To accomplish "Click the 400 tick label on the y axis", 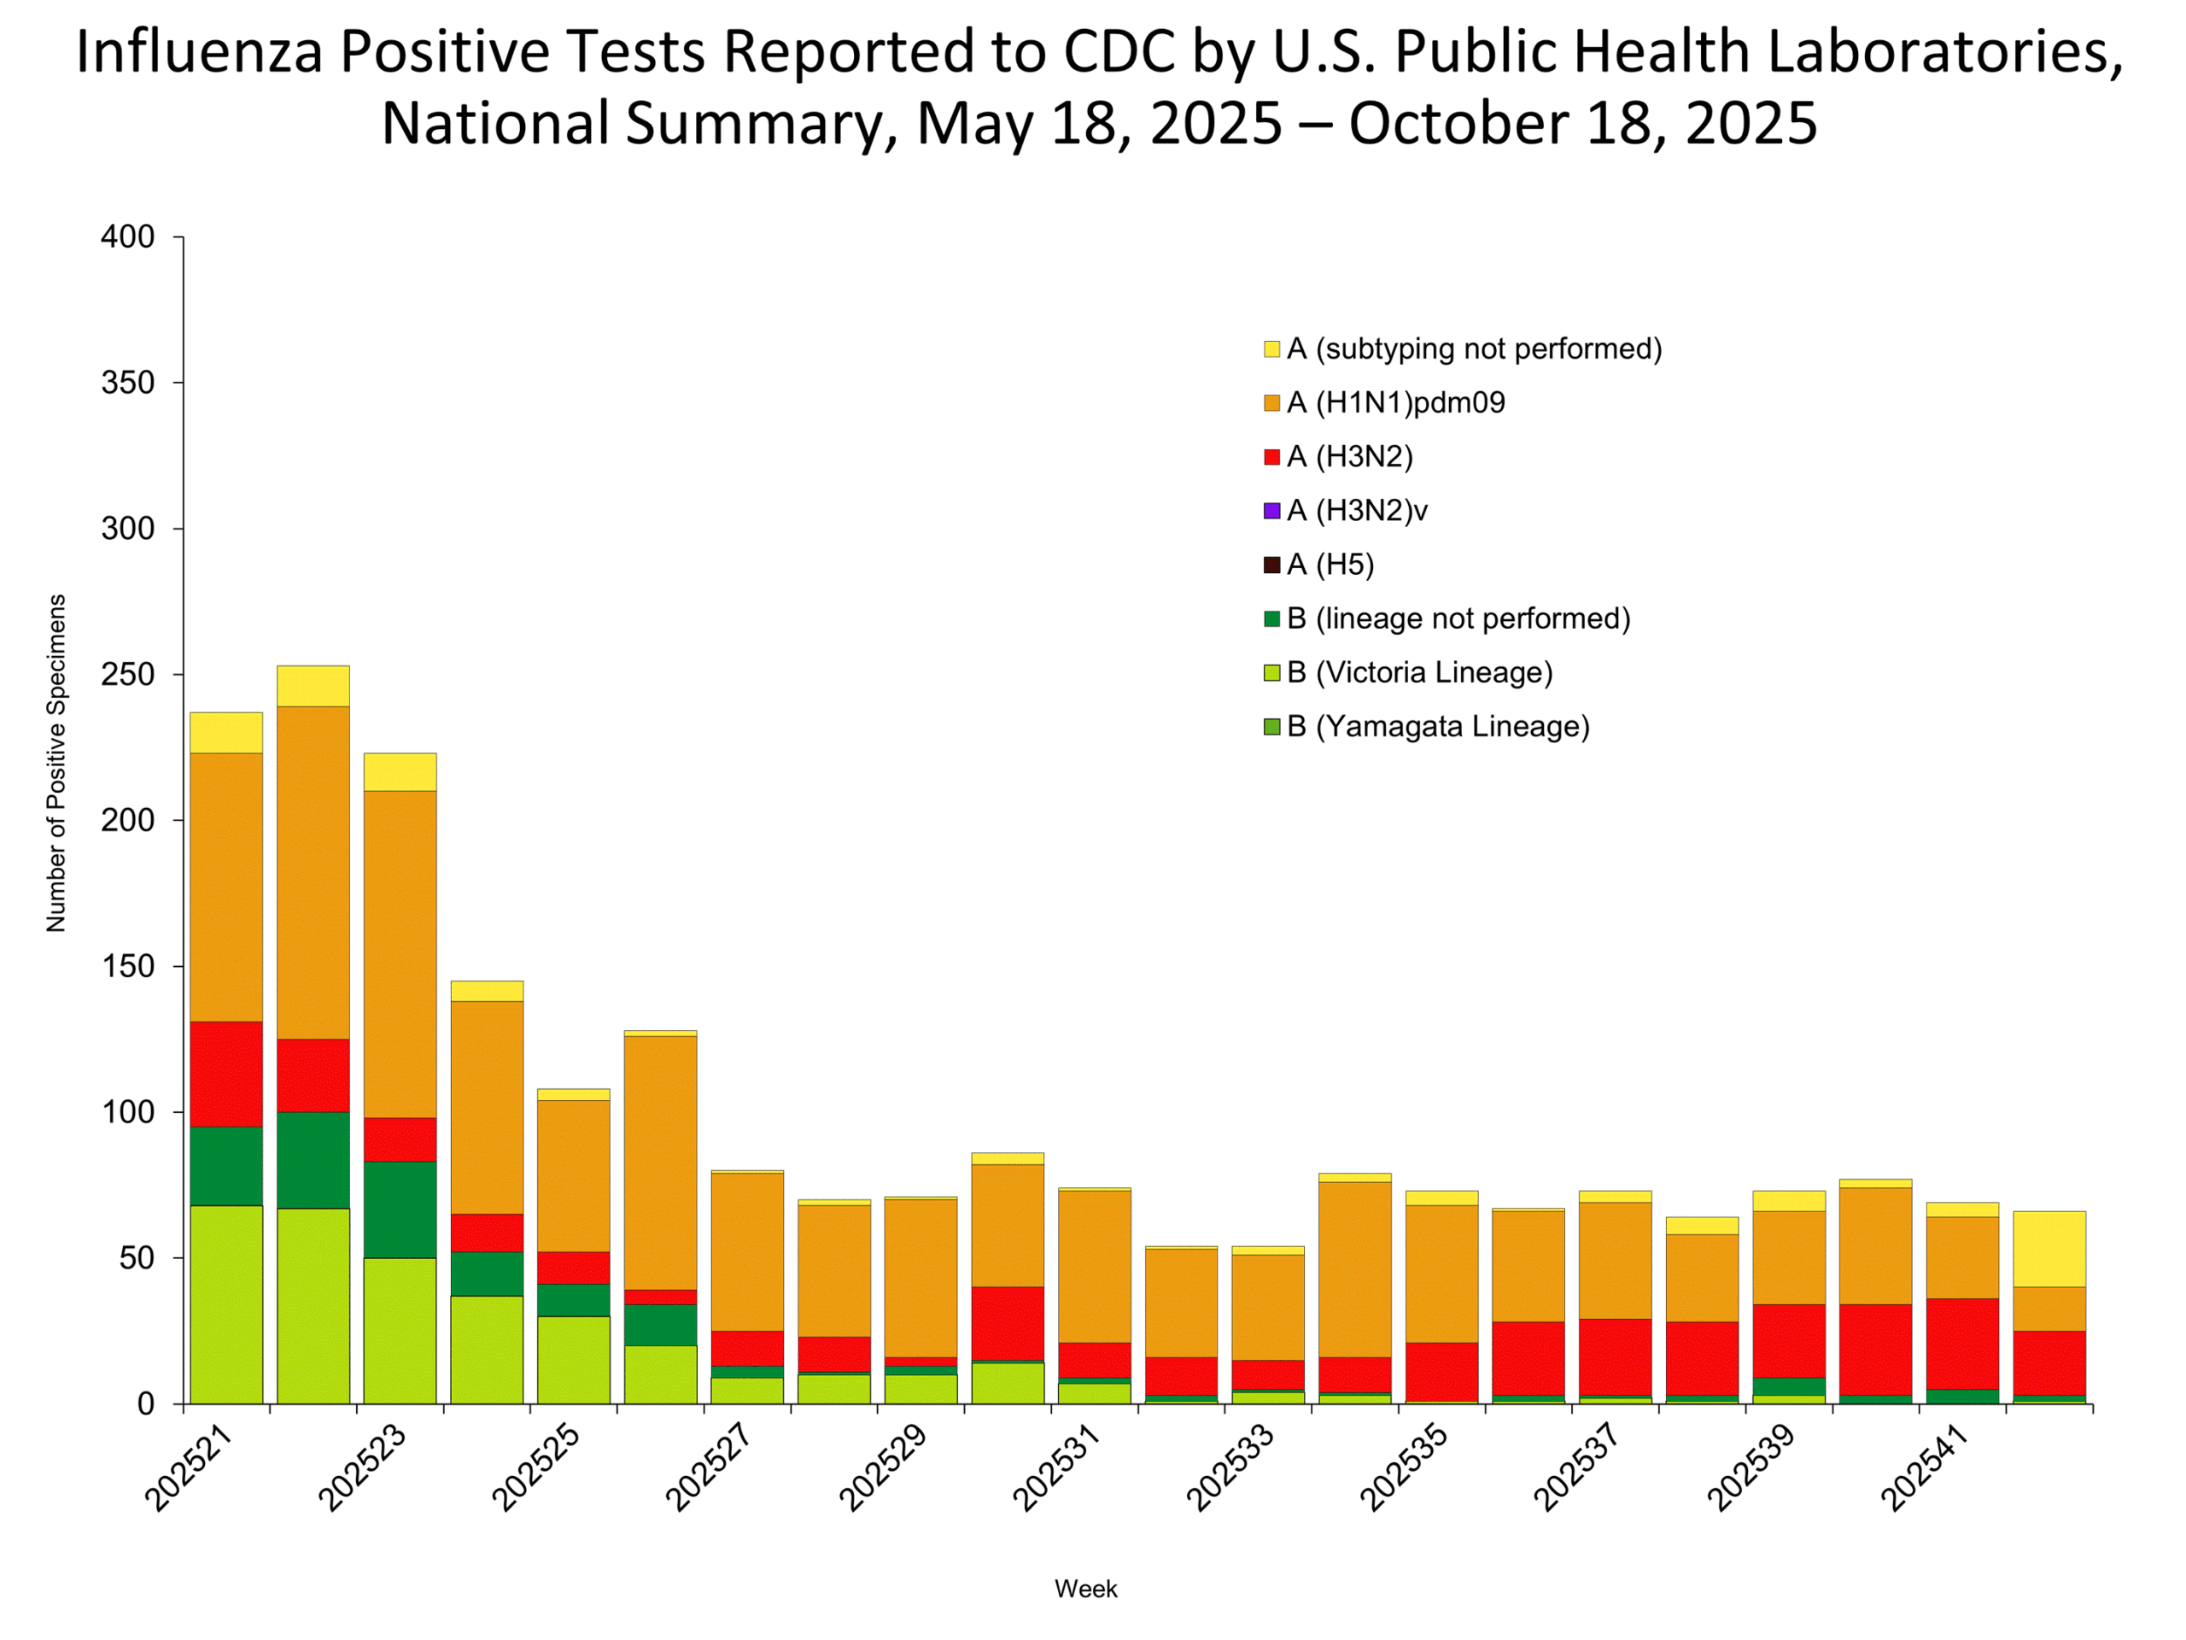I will pyautogui.click(x=127, y=237).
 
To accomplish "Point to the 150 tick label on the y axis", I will pyautogui.click(x=127, y=967).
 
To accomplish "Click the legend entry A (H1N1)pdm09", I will pyautogui.click(x=1394, y=403).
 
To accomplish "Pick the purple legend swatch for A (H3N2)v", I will pyautogui.click(x=1271, y=511).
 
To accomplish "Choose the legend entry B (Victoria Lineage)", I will pyautogui.click(x=1418, y=673).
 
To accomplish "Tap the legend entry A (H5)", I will pyautogui.click(x=1330, y=565).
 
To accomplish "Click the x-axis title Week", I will pyautogui.click(x=1085, y=1589).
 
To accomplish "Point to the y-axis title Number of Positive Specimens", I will pyautogui.click(x=56, y=763).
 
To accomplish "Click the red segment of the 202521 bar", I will pyautogui.click(x=226, y=1074).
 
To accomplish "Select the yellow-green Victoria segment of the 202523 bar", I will pyautogui.click(x=400, y=1330).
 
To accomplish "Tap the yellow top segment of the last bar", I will pyautogui.click(x=2049, y=1249).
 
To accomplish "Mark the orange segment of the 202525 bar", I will pyautogui.click(x=573, y=1175).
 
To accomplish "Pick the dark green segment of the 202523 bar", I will pyautogui.click(x=400, y=1209).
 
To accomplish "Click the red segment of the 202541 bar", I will pyautogui.click(x=1961, y=1344).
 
